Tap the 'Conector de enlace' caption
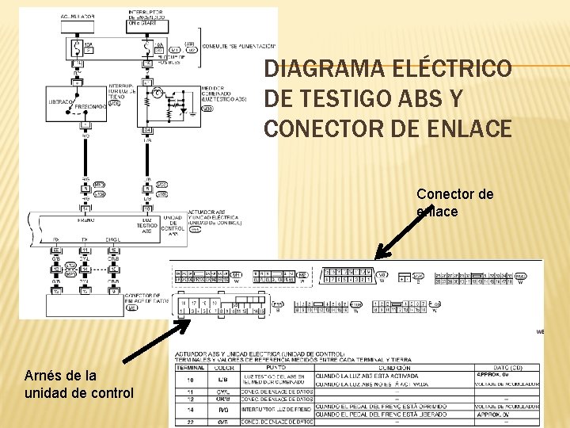click(454, 202)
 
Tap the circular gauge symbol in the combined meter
click(158, 94)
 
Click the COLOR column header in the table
click(226, 367)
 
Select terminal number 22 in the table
click(190, 422)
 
